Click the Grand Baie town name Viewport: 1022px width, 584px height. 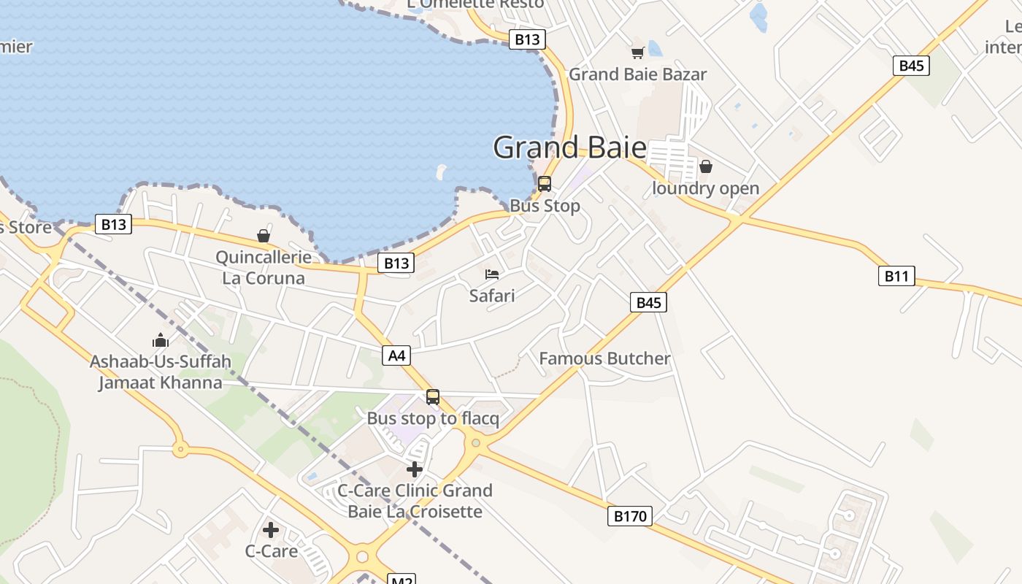(569, 147)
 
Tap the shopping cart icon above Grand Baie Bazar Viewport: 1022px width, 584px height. (637, 53)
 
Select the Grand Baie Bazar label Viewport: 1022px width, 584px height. (637, 74)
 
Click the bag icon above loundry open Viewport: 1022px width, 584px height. (705, 166)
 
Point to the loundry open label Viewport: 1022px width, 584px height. (705, 188)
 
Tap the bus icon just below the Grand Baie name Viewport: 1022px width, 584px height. (545, 184)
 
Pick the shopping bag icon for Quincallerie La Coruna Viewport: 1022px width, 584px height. (264, 236)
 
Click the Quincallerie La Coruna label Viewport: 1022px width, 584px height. (264, 268)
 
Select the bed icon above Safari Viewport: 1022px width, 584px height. (492, 274)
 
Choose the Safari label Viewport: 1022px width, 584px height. (492, 296)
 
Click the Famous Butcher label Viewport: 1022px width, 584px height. (604, 358)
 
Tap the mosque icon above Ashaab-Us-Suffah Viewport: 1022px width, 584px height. (161, 340)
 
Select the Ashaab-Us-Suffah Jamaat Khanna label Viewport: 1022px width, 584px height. (161, 372)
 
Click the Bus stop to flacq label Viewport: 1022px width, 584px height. (433, 419)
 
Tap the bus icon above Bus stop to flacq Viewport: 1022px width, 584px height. (433, 397)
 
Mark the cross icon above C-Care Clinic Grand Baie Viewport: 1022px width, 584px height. (415, 469)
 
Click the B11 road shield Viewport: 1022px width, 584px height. (896, 276)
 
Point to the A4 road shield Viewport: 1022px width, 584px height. (396, 356)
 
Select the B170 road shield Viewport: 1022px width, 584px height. (629, 517)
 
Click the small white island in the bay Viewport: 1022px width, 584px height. (441, 172)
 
